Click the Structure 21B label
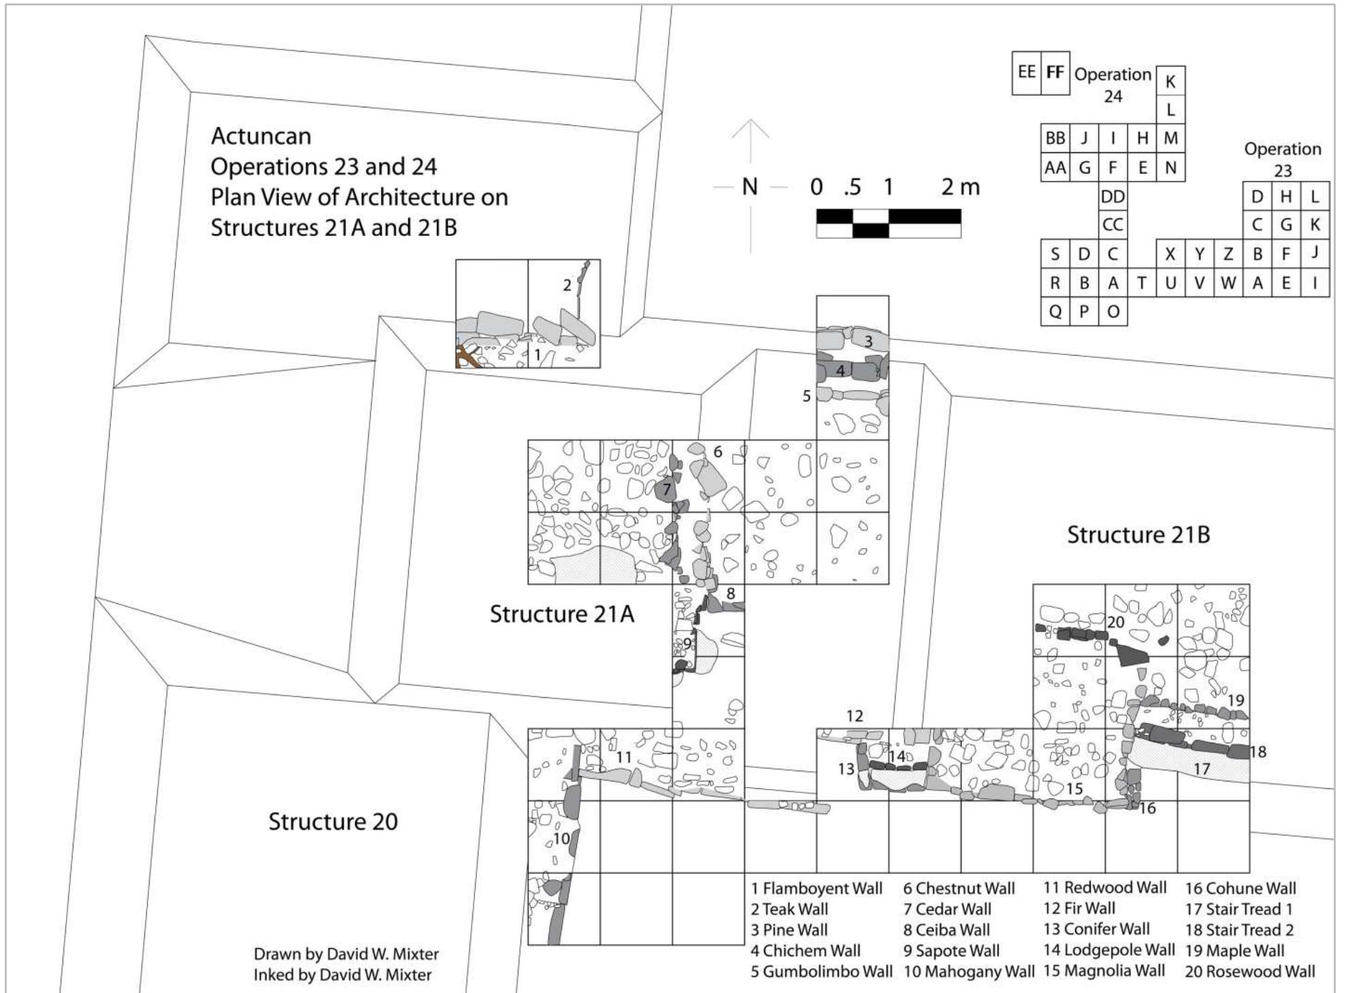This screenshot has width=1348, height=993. [x=1138, y=535]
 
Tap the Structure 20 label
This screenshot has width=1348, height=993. [x=333, y=822]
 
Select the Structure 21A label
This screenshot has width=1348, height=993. [x=561, y=614]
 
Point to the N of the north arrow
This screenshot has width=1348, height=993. [x=749, y=186]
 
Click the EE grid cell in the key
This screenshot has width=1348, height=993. [x=1026, y=72]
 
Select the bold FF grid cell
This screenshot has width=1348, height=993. [x=1055, y=72]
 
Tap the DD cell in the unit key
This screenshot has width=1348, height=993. [x=1113, y=197]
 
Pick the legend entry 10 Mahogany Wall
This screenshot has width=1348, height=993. [x=968, y=971]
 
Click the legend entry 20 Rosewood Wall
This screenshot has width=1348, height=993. [x=1249, y=971]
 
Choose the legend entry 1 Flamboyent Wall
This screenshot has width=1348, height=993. [x=817, y=888]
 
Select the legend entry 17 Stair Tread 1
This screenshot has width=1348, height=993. [x=1238, y=909]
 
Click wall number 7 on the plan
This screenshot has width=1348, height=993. [x=667, y=488]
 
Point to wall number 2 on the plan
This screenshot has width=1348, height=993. [x=567, y=285]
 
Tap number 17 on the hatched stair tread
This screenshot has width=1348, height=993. [x=1202, y=769]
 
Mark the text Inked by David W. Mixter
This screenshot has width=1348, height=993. [x=342, y=975]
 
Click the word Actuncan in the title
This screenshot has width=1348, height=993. [x=261, y=136]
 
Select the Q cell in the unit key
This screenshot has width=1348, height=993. [x=1055, y=312]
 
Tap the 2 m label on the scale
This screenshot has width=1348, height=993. [x=960, y=186]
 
